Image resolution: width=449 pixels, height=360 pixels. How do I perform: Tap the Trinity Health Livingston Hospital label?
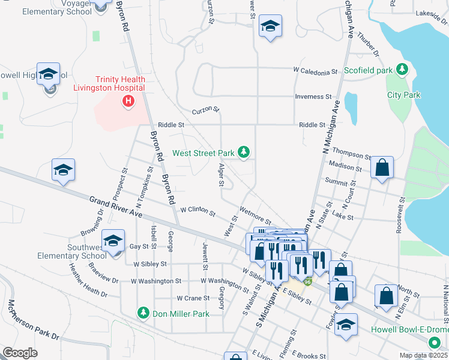[x=118, y=83]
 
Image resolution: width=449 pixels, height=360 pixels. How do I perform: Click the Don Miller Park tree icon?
[x=143, y=313]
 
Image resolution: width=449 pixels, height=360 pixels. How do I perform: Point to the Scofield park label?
[x=368, y=70]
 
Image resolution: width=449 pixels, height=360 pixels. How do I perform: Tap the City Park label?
[x=403, y=95]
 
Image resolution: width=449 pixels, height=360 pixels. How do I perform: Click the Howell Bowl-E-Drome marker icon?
[x=434, y=343]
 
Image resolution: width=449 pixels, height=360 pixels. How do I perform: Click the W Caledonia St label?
[x=315, y=72]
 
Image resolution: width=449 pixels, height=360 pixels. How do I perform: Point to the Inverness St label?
[x=313, y=97]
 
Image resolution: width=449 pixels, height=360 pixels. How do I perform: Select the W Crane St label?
[x=193, y=298]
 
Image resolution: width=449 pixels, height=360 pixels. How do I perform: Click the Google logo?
[x=20, y=353]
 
